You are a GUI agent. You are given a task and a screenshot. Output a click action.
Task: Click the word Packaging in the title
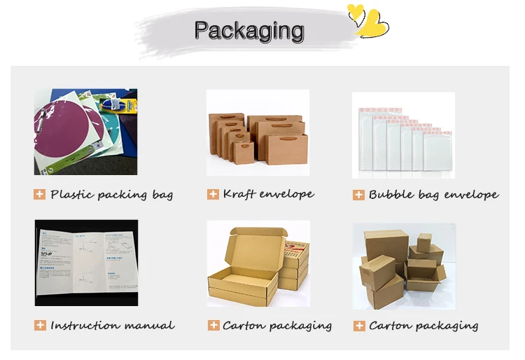(248, 31)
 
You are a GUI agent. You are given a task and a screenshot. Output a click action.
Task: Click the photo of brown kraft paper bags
(258, 132)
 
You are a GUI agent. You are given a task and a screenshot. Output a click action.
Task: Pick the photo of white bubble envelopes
(403, 134)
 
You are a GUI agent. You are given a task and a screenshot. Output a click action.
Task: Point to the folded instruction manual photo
(86, 262)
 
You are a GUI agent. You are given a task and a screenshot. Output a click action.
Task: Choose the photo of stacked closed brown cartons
(403, 265)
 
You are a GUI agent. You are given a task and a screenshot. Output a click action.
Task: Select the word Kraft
(238, 193)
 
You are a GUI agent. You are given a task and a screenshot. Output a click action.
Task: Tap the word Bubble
(391, 195)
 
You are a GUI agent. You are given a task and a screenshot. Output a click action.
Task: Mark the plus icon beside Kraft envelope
(213, 194)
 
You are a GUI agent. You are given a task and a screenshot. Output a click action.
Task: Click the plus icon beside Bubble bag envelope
(358, 195)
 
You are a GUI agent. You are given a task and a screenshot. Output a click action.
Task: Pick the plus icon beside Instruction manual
(40, 326)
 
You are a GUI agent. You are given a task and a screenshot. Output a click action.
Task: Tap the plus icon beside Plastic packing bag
(40, 195)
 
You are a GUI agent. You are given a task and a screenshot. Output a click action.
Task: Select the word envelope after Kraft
(286, 194)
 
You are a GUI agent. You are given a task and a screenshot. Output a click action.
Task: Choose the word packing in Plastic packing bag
(122, 195)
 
